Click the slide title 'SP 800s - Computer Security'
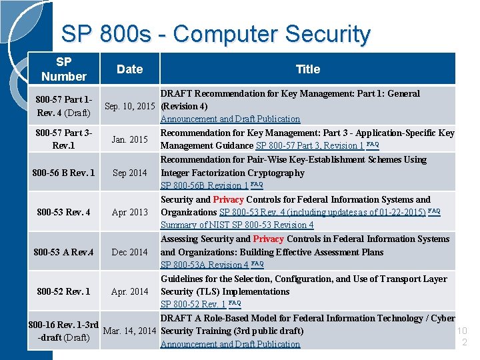(215, 33)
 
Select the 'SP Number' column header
(63, 69)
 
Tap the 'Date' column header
(129, 69)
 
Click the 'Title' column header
(307, 69)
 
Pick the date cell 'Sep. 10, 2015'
(129, 106)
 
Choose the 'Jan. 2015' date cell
(129, 139)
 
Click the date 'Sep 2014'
(129, 173)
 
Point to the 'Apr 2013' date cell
(129, 212)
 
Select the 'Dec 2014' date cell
(129, 252)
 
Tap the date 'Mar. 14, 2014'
(129, 331)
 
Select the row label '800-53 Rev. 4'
(63, 212)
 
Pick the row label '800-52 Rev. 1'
(63, 291)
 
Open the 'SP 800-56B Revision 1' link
(204, 186)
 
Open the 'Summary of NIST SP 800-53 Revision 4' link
(237, 225)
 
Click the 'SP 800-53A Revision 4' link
(205, 265)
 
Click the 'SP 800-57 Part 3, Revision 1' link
(310, 146)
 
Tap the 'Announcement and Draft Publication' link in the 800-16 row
(230, 344)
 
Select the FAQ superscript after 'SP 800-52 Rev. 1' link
(234, 303)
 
